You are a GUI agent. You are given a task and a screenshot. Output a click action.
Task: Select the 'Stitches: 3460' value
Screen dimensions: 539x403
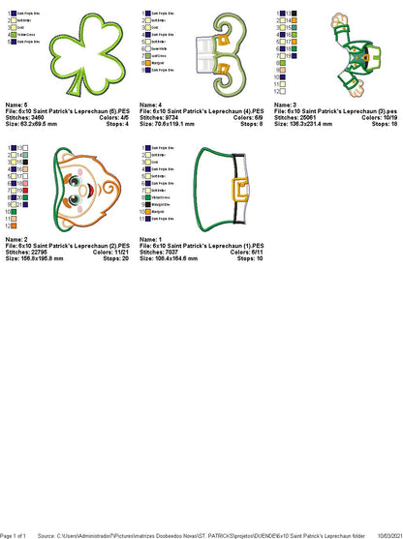27,118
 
